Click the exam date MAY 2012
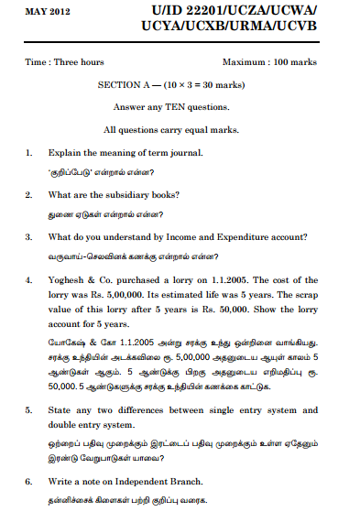[43, 11]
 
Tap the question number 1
[29, 152]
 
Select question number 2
[29, 194]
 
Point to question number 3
[29, 236]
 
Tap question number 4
[29, 279]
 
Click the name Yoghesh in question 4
[70, 279]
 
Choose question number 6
[29, 481]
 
